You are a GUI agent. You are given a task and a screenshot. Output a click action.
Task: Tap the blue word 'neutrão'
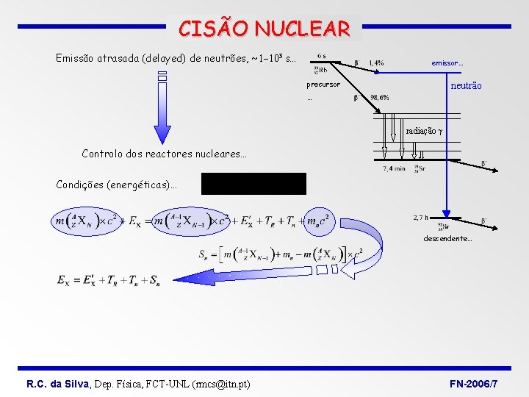tap(466, 86)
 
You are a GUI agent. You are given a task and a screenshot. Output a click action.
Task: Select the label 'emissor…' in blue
tap(447, 63)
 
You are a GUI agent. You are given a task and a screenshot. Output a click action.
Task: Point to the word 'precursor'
tap(323, 85)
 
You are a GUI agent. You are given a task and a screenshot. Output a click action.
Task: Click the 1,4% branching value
tap(376, 63)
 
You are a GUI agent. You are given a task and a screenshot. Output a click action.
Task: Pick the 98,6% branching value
tap(380, 98)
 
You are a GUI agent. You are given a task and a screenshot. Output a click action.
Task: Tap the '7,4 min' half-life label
tap(394, 169)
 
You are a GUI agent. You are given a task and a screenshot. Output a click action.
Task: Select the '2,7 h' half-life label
tap(421, 218)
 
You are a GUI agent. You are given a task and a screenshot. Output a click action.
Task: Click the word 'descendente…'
tap(447, 239)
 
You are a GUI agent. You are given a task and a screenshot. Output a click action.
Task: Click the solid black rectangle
tap(253, 183)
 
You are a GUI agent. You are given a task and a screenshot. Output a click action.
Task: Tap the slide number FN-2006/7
tap(474, 384)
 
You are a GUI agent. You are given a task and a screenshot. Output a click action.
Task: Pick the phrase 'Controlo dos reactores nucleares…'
tap(164, 154)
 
